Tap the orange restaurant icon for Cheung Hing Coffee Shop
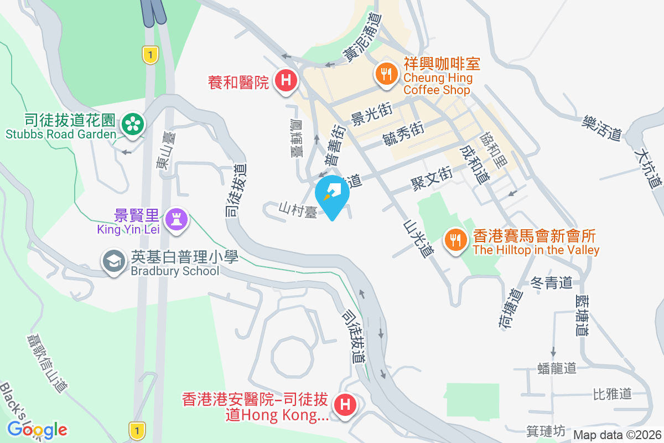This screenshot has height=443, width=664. click(385, 73)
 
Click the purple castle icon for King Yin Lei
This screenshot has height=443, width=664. click(177, 217)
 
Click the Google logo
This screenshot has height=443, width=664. click(37, 429)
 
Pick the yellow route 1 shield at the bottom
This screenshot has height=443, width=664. click(136, 430)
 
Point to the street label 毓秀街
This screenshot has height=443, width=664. click(403, 135)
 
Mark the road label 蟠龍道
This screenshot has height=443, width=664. click(557, 368)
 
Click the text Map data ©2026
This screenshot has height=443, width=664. click(617, 435)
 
